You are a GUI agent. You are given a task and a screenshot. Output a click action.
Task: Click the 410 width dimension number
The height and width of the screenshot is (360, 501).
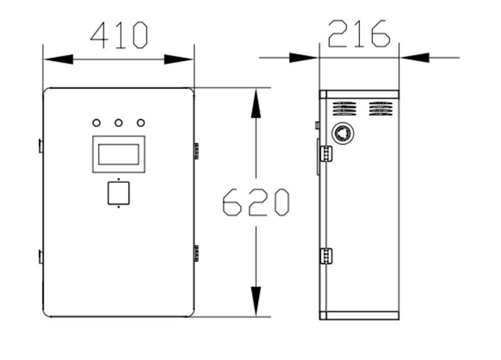[119, 35]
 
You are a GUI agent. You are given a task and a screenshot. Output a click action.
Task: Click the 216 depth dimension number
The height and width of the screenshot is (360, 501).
[359, 33]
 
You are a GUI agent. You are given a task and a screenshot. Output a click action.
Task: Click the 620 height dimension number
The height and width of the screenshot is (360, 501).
[256, 202]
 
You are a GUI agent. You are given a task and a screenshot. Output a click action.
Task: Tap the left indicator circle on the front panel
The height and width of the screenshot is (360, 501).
[96, 123]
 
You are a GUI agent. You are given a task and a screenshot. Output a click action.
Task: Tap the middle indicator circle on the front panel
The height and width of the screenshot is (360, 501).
[118, 123]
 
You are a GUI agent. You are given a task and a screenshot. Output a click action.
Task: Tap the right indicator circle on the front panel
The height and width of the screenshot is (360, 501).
[140, 123]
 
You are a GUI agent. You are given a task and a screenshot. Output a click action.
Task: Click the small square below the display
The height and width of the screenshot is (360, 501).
[118, 193]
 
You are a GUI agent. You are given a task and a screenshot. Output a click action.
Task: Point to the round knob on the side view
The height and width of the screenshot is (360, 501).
[343, 133]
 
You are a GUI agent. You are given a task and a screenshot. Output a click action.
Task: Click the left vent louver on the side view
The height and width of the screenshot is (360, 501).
[345, 109]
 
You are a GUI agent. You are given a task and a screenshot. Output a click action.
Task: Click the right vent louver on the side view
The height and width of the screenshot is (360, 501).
[381, 109]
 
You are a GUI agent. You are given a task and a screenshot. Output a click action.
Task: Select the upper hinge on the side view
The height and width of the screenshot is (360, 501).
[326, 154]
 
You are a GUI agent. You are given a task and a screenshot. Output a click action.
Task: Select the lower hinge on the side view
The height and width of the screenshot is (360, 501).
[326, 256]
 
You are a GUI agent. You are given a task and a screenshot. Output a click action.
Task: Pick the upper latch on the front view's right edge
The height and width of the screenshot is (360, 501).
[196, 151]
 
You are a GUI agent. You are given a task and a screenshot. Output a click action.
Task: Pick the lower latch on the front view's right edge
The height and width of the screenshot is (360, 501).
[196, 253]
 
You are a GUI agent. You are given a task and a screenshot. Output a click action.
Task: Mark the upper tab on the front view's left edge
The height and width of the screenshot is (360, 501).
[41, 146]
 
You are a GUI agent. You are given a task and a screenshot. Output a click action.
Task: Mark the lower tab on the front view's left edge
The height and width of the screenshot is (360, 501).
[41, 257]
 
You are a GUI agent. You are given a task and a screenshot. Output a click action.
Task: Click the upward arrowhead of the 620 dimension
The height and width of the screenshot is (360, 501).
[256, 104]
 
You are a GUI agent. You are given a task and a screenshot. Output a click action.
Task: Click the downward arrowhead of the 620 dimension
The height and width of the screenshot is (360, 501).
[256, 301]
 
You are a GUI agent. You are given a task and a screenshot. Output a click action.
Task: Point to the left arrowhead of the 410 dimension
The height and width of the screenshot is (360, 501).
[59, 59]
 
